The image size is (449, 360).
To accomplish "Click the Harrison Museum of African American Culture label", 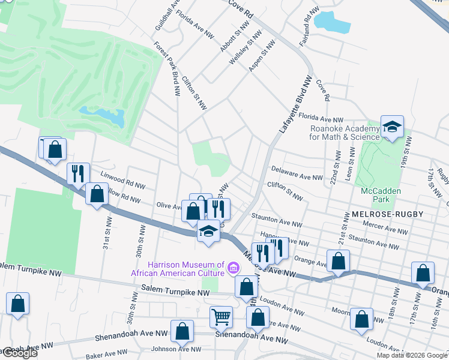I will (x=178, y=269).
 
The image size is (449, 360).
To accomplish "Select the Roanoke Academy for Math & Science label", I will (x=345, y=132).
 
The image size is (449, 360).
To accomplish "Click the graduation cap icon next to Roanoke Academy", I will (x=392, y=127).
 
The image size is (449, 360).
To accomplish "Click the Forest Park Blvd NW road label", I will (x=167, y=69).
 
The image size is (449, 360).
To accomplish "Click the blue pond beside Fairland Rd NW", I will (x=332, y=22).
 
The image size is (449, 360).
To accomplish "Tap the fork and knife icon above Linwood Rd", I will (x=78, y=173).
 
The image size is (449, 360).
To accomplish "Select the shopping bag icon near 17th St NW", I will (x=423, y=272).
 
